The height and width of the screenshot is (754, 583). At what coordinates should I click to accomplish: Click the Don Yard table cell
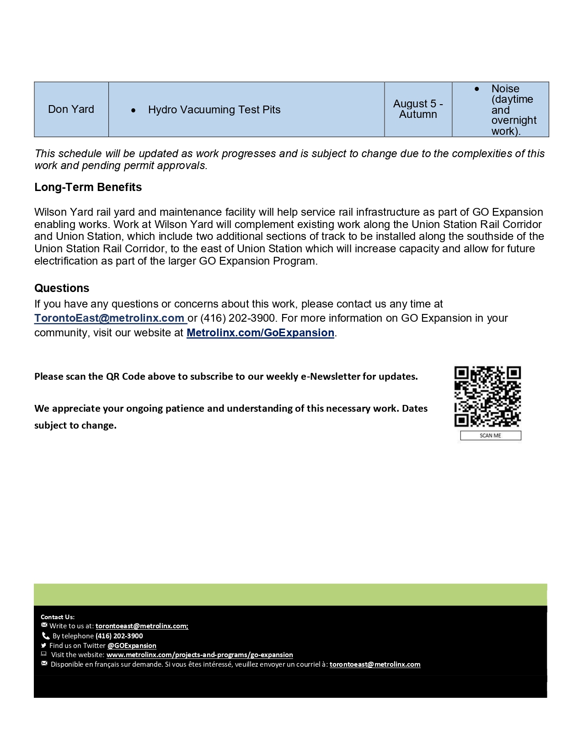click(71, 109)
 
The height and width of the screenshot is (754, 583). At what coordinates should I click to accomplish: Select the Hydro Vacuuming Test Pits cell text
click(214, 110)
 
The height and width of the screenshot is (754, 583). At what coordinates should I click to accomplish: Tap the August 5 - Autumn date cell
click(418, 109)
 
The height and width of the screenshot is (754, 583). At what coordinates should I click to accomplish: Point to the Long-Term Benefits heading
click(88, 187)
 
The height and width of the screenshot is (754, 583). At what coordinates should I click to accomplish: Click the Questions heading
click(62, 288)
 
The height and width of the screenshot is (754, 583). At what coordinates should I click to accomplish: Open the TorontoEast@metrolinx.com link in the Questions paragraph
click(110, 318)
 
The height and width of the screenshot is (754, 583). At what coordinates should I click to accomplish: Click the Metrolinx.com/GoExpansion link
click(260, 333)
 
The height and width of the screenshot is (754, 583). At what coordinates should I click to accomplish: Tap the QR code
click(487, 396)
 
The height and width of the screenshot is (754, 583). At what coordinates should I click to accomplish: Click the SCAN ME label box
click(490, 435)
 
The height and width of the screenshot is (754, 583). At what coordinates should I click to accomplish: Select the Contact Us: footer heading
click(58, 617)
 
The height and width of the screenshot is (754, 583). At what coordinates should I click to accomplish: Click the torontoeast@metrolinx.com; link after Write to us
click(142, 626)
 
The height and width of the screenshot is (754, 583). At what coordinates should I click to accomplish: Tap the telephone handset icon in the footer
click(45, 636)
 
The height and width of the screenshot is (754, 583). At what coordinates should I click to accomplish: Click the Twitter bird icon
click(44, 645)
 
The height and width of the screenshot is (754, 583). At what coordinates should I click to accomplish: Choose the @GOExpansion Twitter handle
click(132, 646)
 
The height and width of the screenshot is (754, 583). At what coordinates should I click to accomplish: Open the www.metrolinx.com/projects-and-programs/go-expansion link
click(200, 655)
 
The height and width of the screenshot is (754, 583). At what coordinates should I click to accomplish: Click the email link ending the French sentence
click(375, 664)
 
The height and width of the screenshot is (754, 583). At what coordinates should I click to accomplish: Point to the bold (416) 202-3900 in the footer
click(119, 636)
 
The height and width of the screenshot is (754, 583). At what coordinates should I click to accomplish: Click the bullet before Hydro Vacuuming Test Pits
click(133, 110)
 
